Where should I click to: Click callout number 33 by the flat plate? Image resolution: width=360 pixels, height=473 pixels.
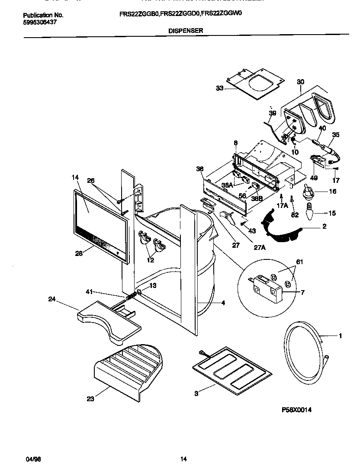(x=219, y=88)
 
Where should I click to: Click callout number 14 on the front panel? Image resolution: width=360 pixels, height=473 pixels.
(x=76, y=177)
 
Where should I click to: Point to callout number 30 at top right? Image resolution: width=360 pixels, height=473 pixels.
(x=301, y=82)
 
